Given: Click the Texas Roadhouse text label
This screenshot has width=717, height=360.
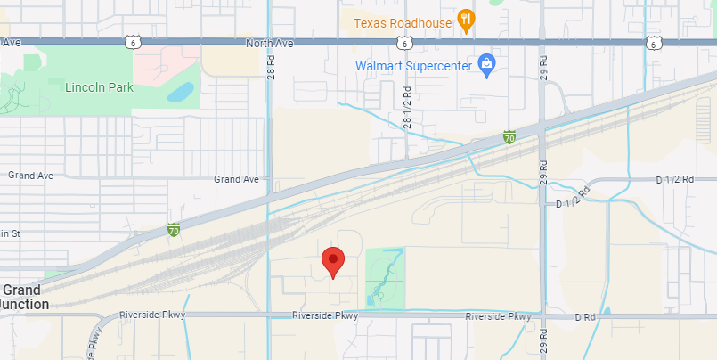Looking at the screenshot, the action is tap(403, 22).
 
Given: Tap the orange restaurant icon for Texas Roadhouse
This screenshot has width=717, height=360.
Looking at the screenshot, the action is tap(464, 20).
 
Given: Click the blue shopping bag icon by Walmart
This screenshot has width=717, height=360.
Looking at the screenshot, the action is tap(486, 64).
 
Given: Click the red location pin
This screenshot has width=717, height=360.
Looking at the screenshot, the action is tap(333, 262).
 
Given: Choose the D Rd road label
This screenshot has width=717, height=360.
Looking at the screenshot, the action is tap(584, 316).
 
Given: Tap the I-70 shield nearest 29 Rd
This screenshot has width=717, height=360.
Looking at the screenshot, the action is tap(509, 137).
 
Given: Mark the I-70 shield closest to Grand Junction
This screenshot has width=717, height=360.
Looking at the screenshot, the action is tap(174, 230).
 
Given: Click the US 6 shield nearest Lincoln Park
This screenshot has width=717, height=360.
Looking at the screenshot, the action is tap(131, 42).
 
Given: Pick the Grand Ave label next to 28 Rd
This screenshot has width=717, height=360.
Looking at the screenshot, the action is tap(236, 179).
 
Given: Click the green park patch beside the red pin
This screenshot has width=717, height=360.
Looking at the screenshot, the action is tap(385, 277).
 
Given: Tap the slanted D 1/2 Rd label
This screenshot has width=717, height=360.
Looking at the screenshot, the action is tap(574, 198).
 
